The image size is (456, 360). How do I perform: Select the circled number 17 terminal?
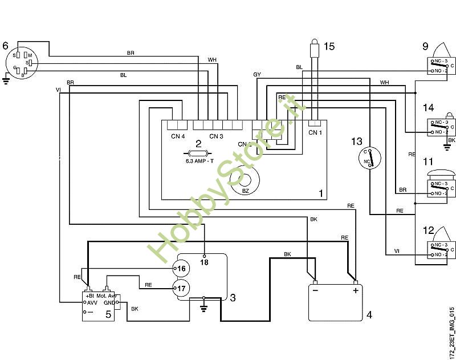coord(181,289)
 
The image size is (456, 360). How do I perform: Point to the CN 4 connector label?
coord(178,136)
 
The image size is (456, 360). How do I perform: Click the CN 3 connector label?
coord(216,136)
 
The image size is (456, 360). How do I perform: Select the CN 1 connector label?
coord(315,133)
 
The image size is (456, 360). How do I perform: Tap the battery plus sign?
coord(356,291)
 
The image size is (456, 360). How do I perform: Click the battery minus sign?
coord(316,291)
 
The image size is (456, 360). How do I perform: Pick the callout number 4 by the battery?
coord(369,314)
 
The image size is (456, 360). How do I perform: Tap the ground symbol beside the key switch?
coord(6,80)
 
